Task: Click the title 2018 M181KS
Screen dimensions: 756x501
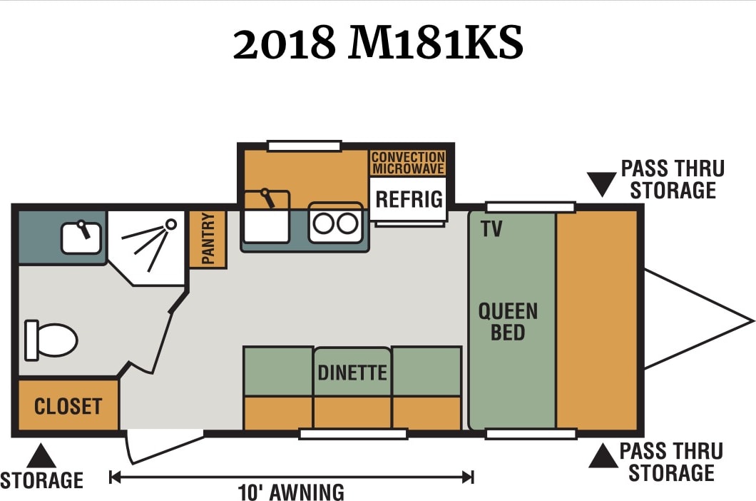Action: tap(378, 43)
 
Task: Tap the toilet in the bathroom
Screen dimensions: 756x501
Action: tap(51, 340)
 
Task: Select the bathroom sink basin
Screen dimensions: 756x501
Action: tap(81, 238)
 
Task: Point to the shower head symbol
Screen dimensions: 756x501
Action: tap(170, 224)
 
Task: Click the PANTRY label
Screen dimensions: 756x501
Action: tap(208, 238)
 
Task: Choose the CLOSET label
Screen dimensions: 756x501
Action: tap(68, 406)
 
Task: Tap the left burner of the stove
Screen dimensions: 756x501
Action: tap(324, 224)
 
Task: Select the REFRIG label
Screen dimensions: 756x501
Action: tap(409, 199)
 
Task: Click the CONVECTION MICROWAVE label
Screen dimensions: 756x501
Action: tap(409, 163)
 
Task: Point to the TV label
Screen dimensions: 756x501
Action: tap(491, 229)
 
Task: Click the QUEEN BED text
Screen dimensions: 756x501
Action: tap(508, 321)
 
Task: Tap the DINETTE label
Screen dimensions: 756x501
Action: tap(352, 373)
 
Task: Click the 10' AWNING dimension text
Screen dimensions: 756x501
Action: tap(291, 492)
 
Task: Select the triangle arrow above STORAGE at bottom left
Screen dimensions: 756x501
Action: tap(41, 455)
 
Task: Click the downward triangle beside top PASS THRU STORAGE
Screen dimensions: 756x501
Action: tap(602, 184)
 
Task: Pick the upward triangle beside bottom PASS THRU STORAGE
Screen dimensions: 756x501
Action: tap(603, 456)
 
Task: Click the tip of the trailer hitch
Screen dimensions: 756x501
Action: tap(753, 320)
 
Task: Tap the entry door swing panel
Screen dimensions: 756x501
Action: tap(164, 447)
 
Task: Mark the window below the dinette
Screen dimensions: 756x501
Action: tap(354, 434)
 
